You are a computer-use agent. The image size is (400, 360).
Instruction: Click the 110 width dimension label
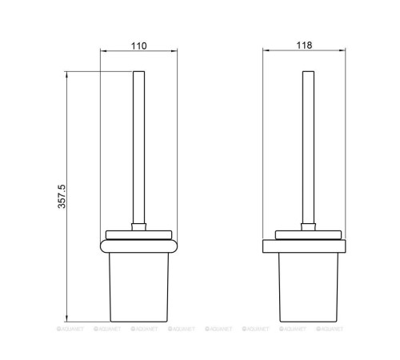(138, 46)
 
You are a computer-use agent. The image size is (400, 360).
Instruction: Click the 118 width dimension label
(304, 46)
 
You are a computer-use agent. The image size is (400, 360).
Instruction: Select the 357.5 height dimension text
(62, 196)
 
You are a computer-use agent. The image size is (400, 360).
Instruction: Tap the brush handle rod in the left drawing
(138, 147)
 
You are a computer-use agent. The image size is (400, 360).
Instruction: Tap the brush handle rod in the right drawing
(308, 147)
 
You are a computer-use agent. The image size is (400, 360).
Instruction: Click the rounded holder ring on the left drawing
(138, 246)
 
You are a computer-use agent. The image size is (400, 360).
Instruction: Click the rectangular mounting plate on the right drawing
(304, 246)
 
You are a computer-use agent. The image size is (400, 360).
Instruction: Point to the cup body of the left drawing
(138, 287)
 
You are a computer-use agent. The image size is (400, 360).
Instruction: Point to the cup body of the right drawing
(309, 287)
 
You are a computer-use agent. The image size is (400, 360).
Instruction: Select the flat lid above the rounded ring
(138, 235)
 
